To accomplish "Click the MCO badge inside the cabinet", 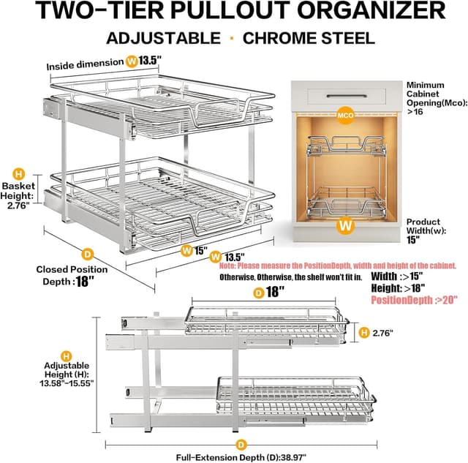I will (345, 115).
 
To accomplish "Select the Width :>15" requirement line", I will (397, 276).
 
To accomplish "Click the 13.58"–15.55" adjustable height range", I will (65, 383).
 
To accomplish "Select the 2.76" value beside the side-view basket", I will (380, 333).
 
